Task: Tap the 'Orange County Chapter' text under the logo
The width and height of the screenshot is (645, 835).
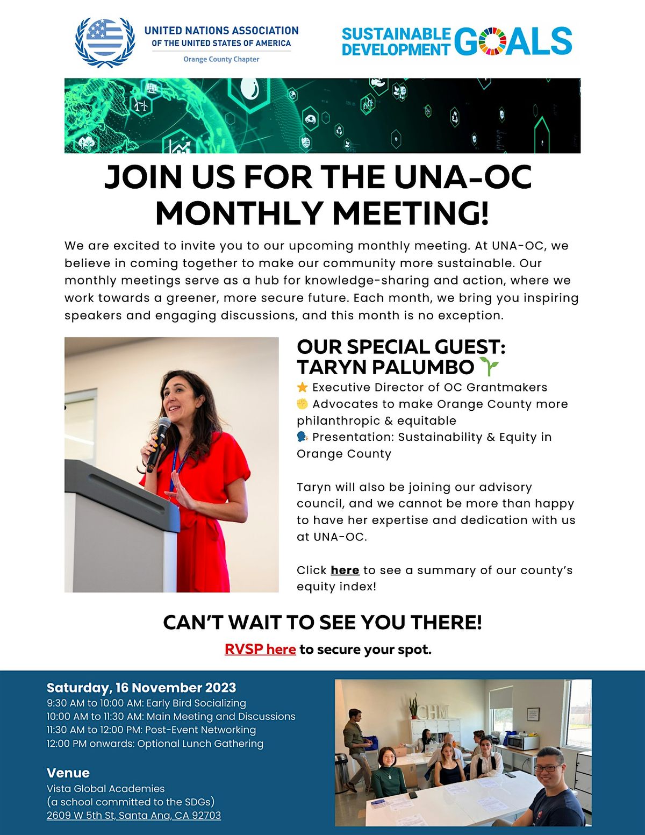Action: tap(221, 59)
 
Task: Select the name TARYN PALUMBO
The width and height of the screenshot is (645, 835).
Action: tap(385, 367)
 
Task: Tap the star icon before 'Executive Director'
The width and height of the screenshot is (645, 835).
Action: tap(302, 387)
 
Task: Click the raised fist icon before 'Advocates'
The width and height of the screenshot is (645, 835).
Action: tap(302, 404)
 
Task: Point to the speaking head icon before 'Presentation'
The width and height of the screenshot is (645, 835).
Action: tap(302, 437)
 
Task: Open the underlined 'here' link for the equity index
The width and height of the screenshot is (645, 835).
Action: tap(345, 570)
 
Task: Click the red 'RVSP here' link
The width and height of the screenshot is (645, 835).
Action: tap(260, 650)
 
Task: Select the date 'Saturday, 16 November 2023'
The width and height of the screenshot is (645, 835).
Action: tap(141, 688)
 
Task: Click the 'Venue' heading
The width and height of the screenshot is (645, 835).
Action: tap(68, 773)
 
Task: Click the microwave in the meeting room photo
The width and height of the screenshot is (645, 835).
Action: tap(522, 743)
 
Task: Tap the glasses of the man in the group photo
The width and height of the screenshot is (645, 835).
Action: tap(547, 768)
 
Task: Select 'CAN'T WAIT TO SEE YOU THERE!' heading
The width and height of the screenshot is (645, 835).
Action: tap(322, 622)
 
